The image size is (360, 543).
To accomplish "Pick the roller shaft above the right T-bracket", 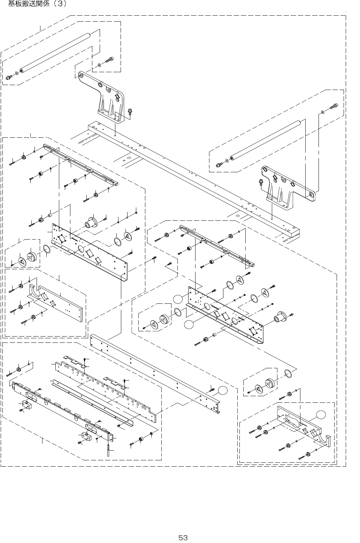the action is pos(267,140).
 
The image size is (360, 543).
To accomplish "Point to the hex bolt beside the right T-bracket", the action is pos(261,182).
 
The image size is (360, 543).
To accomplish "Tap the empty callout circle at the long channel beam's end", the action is pos(223,390).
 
